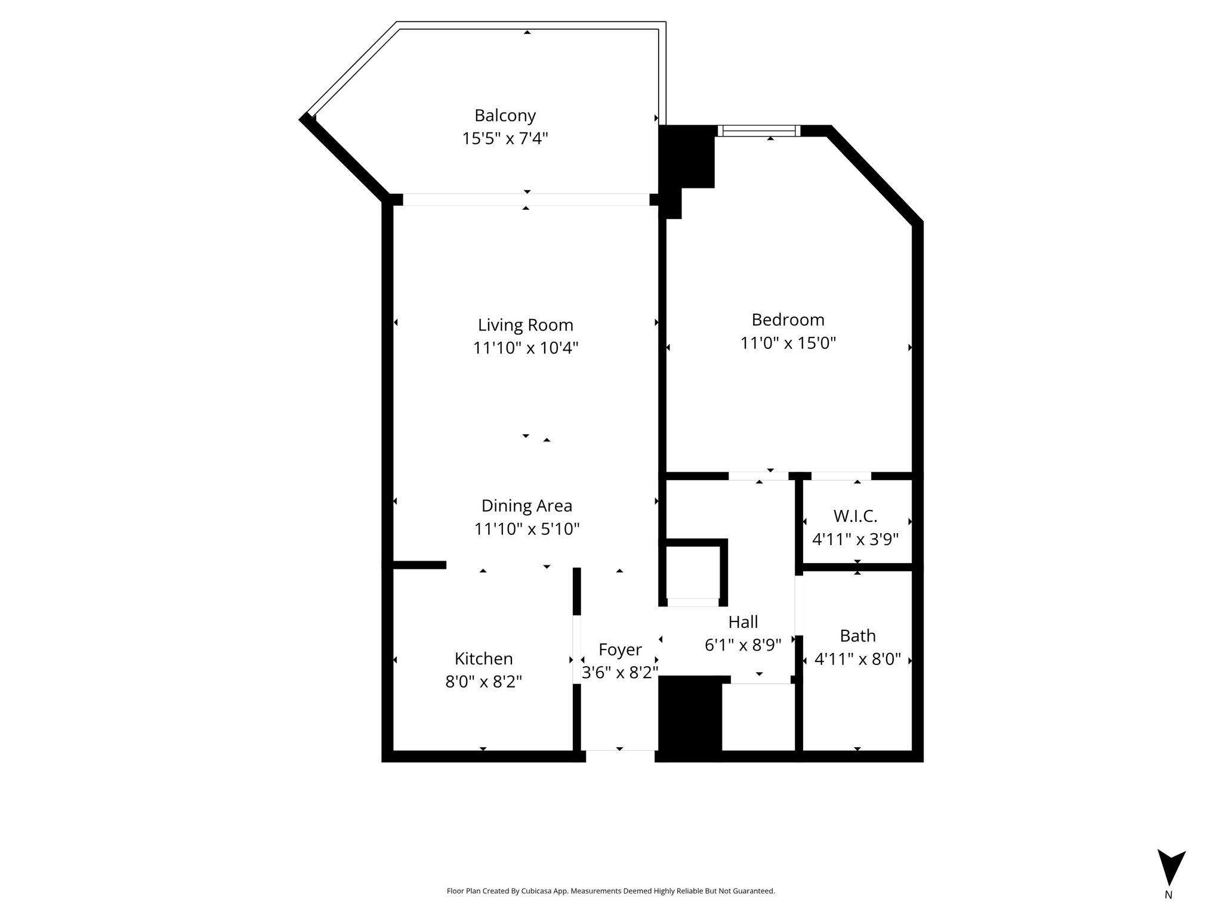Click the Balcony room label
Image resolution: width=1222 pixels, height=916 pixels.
[x=505, y=115]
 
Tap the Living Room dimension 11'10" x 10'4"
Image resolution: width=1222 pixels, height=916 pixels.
[x=526, y=348]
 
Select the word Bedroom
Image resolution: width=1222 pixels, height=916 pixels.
[x=788, y=320]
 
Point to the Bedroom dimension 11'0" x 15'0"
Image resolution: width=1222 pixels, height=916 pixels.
[x=788, y=343]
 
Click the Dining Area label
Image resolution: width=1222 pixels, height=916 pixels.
[x=526, y=506]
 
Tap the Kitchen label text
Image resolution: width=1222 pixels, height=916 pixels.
[x=483, y=658]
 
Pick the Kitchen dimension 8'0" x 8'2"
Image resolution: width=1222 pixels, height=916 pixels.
[x=483, y=682]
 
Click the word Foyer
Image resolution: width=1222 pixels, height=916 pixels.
[x=620, y=649]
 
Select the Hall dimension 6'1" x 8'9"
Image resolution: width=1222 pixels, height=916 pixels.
[x=743, y=645]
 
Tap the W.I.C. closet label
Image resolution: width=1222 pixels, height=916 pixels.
[x=855, y=516]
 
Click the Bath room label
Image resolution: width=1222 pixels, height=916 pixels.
[x=857, y=636]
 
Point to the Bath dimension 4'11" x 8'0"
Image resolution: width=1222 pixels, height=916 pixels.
[x=857, y=660]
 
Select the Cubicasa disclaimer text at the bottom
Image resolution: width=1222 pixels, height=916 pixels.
[x=610, y=891]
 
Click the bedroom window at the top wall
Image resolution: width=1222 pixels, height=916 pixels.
[x=758, y=131]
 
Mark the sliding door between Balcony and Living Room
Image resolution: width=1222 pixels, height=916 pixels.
[x=526, y=200]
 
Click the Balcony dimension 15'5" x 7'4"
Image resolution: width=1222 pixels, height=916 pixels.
[x=505, y=138]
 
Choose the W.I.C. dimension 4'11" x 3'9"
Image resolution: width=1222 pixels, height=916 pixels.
[x=855, y=539]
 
